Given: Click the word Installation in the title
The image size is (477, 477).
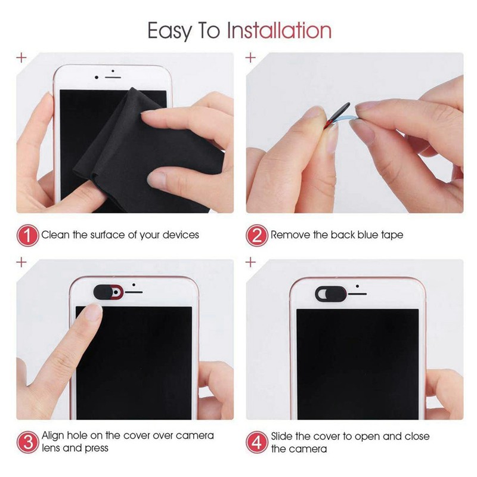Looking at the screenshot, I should pos(278,30).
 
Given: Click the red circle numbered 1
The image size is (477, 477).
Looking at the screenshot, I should pos(27,235).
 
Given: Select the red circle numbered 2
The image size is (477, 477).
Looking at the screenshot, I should pos(258,235).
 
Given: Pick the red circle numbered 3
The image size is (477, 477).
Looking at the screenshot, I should pos(27,442).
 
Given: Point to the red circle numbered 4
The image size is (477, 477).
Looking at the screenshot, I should pos(258,442).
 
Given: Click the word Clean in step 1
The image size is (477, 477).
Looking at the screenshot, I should pos(55,235).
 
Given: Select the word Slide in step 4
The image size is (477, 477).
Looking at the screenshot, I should pos(284,436).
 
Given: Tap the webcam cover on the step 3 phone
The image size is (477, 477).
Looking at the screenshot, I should pos(108,292).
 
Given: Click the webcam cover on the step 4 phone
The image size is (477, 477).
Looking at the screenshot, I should pos(329,293).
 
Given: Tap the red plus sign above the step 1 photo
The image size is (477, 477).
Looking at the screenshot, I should pos(22,58).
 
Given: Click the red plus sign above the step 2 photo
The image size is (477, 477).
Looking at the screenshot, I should pos(251,58).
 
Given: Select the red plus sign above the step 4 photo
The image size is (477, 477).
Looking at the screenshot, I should pos(251,262).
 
